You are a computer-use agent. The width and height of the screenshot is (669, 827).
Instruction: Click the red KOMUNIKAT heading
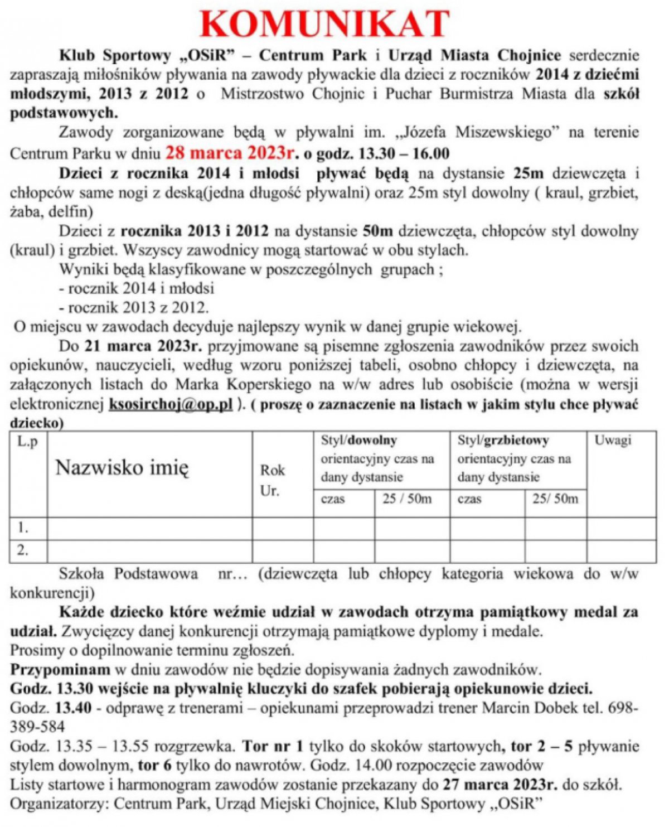(x=325, y=25)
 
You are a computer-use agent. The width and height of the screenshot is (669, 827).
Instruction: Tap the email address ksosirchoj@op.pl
(x=171, y=404)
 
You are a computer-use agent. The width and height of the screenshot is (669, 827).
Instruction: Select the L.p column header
(x=28, y=442)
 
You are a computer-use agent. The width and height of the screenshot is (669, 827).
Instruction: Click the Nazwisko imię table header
(x=122, y=467)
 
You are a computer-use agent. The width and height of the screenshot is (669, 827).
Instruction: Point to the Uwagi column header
(x=613, y=441)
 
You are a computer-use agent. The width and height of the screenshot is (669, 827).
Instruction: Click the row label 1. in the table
(x=23, y=528)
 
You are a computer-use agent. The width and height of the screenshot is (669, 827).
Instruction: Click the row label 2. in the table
(x=23, y=550)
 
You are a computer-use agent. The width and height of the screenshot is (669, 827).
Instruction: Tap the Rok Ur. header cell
(x=272, y=480)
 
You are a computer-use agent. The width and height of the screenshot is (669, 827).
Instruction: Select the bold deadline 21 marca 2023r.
(x=143, y=346)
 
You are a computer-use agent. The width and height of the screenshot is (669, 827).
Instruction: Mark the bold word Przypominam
(x=60, y=669)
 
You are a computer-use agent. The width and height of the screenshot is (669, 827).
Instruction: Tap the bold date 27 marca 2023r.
(x=500, y=785)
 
